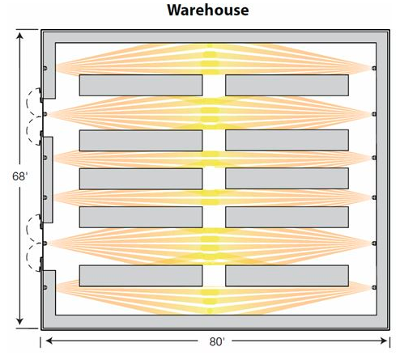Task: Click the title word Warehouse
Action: tap(208, 10)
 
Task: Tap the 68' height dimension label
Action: tap(20, 176)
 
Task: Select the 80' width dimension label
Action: tap(217, 341)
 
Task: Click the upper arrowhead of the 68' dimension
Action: tap(19, 36)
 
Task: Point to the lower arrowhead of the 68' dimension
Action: tap(19, 321)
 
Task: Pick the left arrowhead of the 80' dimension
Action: tap(49, 341)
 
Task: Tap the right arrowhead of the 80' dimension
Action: tap(383, 341)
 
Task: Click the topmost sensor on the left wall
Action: tap(45, 68)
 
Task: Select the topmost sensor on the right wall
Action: tap(374, 68)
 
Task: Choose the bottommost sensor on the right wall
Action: tap(374, 287)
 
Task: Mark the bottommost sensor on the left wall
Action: tap(45, 287)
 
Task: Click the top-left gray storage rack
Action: tap(141, 85)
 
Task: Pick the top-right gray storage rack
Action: tap(287, 85)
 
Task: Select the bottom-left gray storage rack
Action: tap(141, 276)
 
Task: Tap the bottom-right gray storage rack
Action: tap(287, 276)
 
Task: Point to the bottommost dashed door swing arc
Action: tap(28, 257)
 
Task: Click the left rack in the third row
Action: tap(141, 179)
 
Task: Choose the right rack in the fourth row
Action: tap(287, 217)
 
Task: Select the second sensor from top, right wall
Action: tap(374, 114)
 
